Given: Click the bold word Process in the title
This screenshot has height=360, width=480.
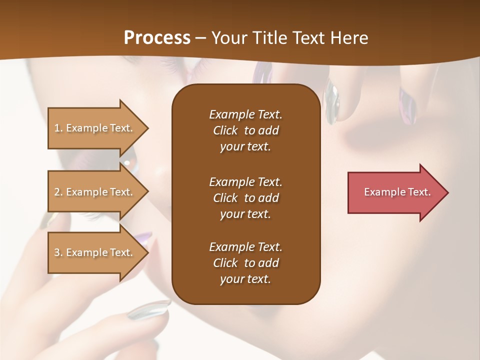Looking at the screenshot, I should click(157, 38).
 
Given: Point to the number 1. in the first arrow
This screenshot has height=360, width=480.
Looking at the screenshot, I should click(58, 128).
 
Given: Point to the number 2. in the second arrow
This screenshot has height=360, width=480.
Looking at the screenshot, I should click(58, 192).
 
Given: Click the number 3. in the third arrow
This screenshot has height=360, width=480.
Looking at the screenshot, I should click(58, 252).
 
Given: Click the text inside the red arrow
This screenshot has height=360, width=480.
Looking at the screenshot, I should click(397, 192).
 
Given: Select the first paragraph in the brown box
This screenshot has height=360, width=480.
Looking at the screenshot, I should click(245, 130).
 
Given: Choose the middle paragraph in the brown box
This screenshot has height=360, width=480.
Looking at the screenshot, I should click(245, 198).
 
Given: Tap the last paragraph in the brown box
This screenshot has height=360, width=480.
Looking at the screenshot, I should click(245, 263).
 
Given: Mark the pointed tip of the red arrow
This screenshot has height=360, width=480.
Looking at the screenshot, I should click(447, 192).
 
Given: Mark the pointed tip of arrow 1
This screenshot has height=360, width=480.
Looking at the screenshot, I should click(148, 128).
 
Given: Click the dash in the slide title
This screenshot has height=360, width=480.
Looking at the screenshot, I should click(200, 38).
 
